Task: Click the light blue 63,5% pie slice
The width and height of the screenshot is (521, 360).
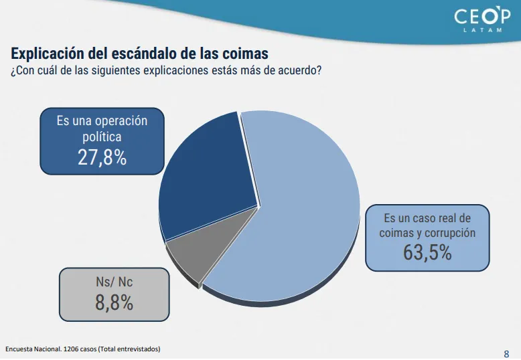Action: (301, 214)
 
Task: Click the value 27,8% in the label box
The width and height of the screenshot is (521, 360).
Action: (102, 157)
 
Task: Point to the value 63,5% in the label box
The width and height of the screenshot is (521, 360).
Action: (427, 252)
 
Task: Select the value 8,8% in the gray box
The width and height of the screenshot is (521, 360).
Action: (114, 302)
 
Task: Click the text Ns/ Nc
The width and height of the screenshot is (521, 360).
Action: (114, 282)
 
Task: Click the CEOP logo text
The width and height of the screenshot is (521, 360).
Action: (481, 16)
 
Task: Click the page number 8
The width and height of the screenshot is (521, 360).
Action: (506, 353)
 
